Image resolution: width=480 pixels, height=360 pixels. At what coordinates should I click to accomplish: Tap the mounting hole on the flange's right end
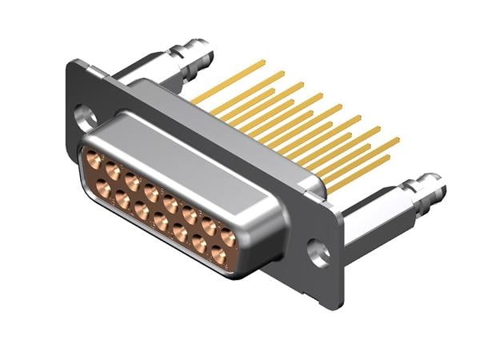(319, 253)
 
